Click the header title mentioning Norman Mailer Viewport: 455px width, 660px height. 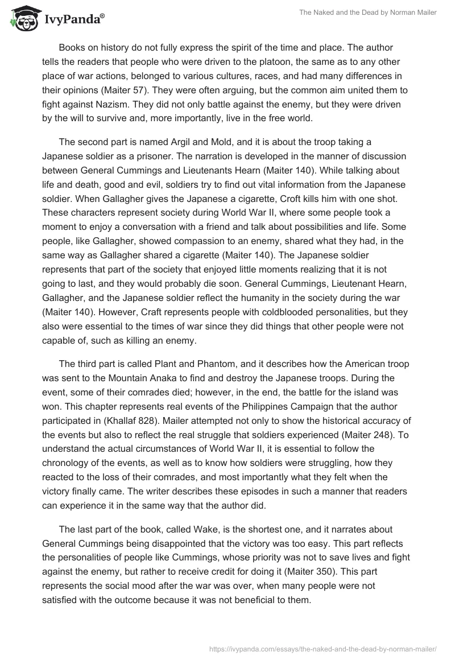click(368, 13)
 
